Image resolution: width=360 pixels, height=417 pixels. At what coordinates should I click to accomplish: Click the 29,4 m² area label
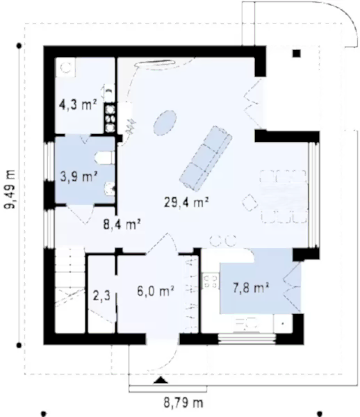tap(186, 202)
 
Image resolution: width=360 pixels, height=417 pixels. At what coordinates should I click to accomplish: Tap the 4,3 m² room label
tap(78, 104)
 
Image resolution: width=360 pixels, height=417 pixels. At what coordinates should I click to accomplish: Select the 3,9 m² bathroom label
tap(79, 176)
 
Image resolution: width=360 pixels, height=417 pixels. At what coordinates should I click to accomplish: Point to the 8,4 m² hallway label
tap(122, 224)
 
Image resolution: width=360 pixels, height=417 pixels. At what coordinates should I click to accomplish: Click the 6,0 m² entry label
tap(156, 291)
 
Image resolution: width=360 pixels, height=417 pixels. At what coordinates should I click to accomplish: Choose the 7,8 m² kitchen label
tap(251, 287)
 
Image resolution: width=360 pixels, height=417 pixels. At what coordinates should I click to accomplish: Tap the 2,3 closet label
tap(101, 295)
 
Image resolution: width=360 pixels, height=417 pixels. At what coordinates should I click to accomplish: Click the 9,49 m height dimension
tap(10, 189)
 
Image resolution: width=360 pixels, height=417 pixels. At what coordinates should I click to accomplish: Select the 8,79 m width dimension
tap(183, 402)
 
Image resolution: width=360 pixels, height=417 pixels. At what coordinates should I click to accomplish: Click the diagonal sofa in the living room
tap(206, 158)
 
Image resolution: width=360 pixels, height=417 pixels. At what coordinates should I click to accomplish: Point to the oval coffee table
tap(165, 123)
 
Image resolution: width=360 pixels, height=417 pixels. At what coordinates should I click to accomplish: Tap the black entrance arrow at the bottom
tap(161, 380)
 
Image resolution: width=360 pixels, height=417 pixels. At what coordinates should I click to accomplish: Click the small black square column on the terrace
tap(297, 54)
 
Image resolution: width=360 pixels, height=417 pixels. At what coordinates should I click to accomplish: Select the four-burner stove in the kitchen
tap(211, 281)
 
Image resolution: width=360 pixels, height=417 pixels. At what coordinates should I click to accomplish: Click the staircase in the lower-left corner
tap(69, 290)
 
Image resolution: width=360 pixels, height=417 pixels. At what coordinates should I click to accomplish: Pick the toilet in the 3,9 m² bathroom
tap(105, 158)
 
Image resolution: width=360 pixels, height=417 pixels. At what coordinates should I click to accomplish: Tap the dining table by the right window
tap(284, 197)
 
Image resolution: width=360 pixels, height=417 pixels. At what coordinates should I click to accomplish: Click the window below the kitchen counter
tap(247, 338)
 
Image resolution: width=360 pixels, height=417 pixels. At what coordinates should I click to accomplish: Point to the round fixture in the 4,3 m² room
tap(65, 67)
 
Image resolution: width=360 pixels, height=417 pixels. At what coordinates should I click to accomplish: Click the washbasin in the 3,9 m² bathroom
tap(110, 188)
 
